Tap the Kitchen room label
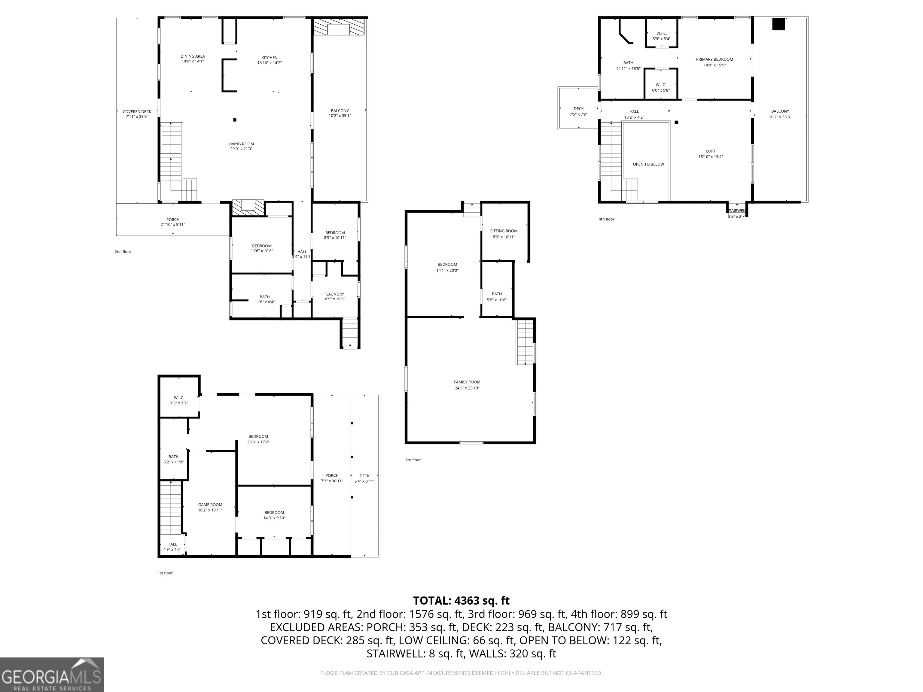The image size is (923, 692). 270,60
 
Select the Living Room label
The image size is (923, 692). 241,146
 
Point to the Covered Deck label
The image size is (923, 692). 137,114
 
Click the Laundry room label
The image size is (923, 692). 335,296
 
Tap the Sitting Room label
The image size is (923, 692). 504,234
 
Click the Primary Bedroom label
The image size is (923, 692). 714,62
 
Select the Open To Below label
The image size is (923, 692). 648,164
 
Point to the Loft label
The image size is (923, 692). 711,154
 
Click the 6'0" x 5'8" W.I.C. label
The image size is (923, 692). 660,87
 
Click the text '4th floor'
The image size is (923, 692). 606,219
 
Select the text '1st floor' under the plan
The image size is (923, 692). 165,573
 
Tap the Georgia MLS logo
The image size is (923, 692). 52,675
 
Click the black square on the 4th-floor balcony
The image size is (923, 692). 778,24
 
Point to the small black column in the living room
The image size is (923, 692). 235,120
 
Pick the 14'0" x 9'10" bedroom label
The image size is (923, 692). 274,515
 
